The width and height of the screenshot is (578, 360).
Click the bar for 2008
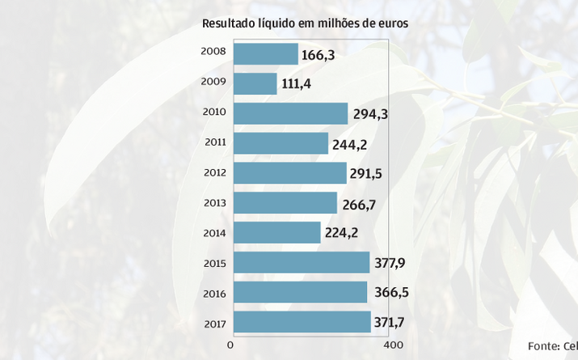click(x=265, y=54)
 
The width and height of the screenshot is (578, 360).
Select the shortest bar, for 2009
click(x=255, y=84)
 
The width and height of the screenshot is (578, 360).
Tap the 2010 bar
click(x=290, y=113)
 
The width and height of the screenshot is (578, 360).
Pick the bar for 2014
click(x=276, y=233)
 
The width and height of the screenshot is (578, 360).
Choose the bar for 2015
click(x=301, y=263)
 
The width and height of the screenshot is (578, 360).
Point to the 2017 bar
click(x=301, y=322)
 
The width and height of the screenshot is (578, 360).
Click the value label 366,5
click(x=390, y=294)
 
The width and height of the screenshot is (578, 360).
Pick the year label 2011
click(x=215, y=142)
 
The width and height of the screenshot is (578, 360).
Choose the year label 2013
click(x=215, y=202)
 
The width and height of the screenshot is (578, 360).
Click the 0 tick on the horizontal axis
click(x=230, y=346)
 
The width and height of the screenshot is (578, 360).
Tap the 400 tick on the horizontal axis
click(x=392, y=346)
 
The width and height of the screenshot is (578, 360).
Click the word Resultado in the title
click(x=229, y=24)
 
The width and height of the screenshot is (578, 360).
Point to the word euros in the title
click(x=392, y=24)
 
